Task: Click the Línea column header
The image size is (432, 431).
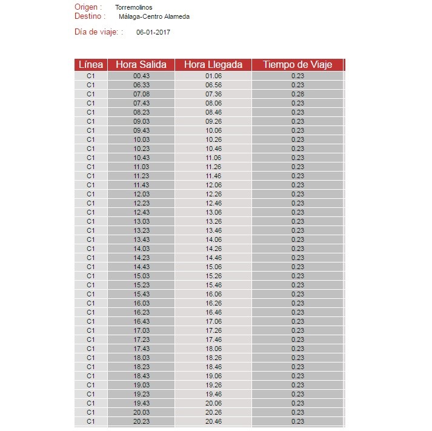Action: (x=91, y=65)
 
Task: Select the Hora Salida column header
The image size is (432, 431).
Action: (x=141, y=65)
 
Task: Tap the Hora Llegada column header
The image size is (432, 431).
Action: (x=213, y=65)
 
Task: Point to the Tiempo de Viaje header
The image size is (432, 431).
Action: (x=297, y=65)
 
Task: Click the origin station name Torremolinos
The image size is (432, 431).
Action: (x=134, y=7)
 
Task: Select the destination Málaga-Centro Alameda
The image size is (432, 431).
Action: (x=154, y=16)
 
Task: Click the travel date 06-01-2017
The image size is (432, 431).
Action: (x=153, y=32)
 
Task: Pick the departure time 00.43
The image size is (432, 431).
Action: (x=141, y=76)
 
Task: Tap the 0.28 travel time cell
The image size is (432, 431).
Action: (x=297, y=94)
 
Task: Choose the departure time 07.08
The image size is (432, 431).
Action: (x=141, y=94)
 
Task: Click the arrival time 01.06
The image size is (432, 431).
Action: (x=213, y=76)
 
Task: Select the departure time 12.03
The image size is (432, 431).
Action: (x=141, y=194)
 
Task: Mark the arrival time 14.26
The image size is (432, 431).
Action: (x=213, y=249)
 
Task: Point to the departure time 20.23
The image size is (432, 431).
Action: (x=141, y=421)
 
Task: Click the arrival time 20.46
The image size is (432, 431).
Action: (x=213, y=421)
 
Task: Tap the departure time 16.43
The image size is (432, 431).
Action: (x=141, y=321)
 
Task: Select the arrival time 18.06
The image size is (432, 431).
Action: (x=213, y=349)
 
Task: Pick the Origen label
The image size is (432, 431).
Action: (x=88, y=7)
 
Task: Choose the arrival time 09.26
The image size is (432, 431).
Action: (x=213, y=121)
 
